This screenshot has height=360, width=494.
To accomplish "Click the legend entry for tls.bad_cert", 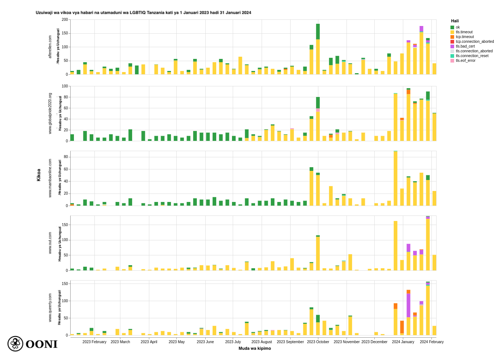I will point(465,46).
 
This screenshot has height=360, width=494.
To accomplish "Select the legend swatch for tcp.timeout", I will point(452,37).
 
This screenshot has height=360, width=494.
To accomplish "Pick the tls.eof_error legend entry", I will point(465,61).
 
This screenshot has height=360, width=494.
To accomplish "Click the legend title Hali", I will point(455,21).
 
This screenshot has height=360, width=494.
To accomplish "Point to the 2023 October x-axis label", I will point(318,342).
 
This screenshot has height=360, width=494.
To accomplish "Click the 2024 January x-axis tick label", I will point(403,342).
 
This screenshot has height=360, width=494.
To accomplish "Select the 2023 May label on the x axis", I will point(177,342).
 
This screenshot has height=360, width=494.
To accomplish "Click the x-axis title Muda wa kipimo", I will point(255,348).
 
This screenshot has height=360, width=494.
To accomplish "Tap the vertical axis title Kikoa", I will point(39,175).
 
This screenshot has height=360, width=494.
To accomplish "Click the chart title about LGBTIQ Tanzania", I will point(143,13).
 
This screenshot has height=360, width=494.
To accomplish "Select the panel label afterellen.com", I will point(50,47).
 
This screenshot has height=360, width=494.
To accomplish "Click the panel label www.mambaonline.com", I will point(50,178).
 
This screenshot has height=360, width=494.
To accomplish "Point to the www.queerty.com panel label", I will point(50,308).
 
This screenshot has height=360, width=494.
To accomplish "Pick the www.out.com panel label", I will point(50,243).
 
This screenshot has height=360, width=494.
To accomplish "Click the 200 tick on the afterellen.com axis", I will point(65,20).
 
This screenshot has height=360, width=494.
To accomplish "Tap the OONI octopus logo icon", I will point(15,344).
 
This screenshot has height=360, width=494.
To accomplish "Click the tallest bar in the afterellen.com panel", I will point(318,49).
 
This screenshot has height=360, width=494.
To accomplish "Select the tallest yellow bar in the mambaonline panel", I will point(396,178).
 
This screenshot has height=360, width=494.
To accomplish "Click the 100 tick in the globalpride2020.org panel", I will point(65,86).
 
